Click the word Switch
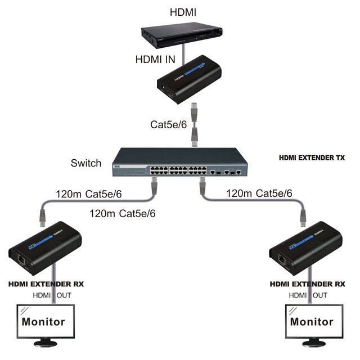86,164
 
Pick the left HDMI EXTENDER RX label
46,284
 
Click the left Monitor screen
43,322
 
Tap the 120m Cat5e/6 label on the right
259,193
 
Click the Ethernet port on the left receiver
21,260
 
